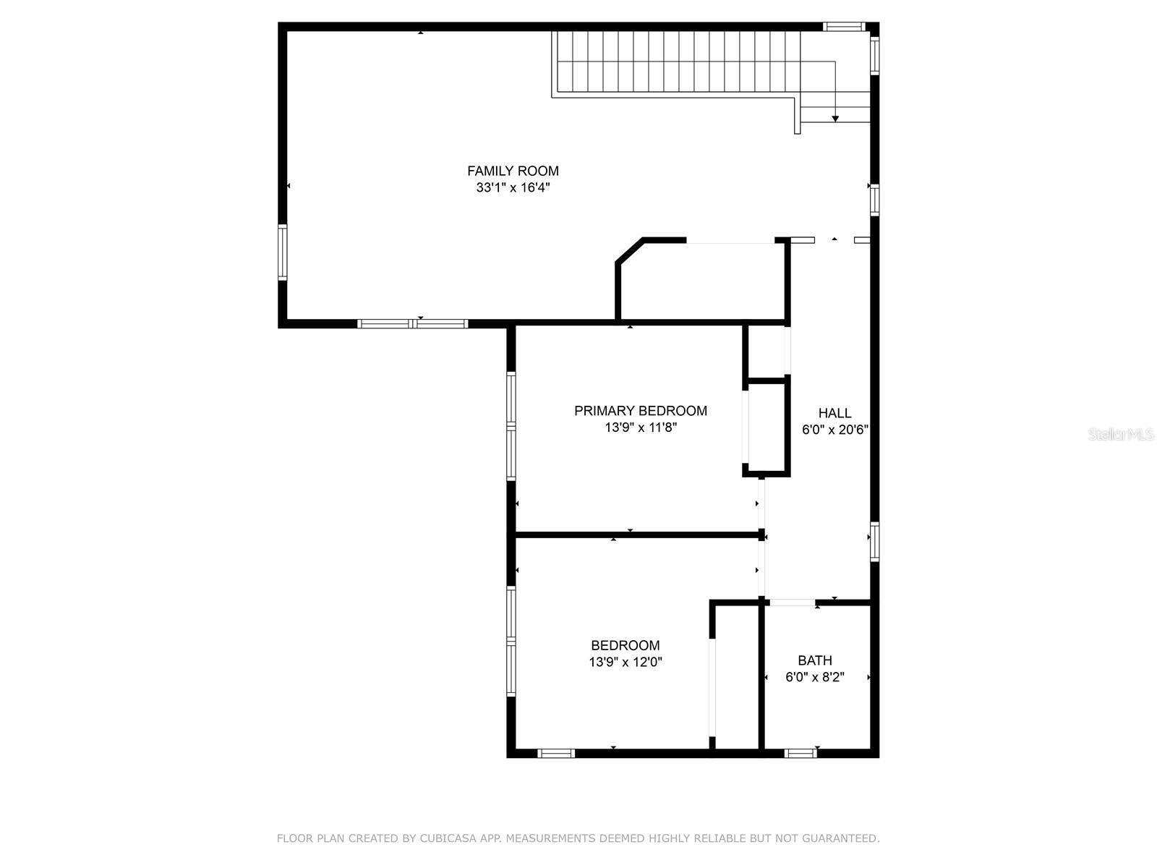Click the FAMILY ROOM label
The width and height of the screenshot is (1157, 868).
pyautogui.click(x=513, y=171)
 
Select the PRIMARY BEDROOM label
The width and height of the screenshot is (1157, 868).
pyautogui.click(x=640, y=411)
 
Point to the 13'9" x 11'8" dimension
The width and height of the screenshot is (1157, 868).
pyautogui.click(x=640, y=427)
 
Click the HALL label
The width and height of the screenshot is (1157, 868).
pyautogui.click(x=834, y=413)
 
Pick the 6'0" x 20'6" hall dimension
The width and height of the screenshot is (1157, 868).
pyautogui.click(x=834, y=430)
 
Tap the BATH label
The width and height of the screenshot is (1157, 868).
pyautogui.click(x=815, y=660)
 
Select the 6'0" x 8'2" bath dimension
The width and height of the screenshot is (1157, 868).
pyautogui.click(x=815, y=677)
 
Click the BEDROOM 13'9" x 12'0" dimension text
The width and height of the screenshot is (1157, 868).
pyautogui.click(x=626, y=662)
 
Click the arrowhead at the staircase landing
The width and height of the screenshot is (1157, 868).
pyautogui.click(x=835, y=118)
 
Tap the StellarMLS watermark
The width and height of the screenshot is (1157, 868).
pyautogui.click(x=1121, y=435)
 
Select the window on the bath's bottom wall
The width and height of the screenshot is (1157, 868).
pyautogui.click(x=800, y=753)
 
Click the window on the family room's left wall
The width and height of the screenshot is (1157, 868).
pyautogui.click(x=283, y=252)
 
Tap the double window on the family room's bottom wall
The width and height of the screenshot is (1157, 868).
pyautogui.click(x=413, y=323)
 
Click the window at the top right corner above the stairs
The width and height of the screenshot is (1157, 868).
pyautogui.click(x=844, y=27)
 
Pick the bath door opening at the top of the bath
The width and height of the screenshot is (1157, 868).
pyautogui.click(x=792, y=603)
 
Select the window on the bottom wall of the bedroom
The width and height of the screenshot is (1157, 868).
pyautogui.click(x=556, y=753)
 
